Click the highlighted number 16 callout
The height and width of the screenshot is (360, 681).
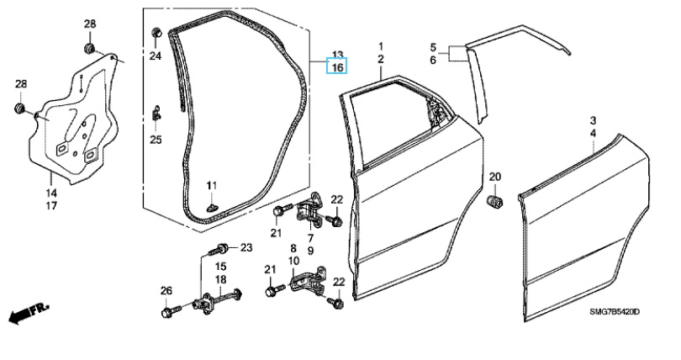336,66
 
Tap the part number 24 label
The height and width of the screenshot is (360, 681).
155,56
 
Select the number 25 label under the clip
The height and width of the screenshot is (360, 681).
155,140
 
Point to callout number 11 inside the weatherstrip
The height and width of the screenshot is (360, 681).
212,185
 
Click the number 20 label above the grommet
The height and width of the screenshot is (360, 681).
494,176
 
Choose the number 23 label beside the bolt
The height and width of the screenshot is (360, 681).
246,247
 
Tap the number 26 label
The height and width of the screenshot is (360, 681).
166,291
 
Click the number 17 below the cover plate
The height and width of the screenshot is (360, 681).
51,205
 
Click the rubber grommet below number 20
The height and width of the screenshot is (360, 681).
494,201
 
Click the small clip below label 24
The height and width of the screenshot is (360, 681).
156,109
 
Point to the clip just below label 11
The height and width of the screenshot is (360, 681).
212,203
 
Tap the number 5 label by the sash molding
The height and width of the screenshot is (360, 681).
434,47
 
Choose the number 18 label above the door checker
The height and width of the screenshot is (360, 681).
220,279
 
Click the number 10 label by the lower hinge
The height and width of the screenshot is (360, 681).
294,262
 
